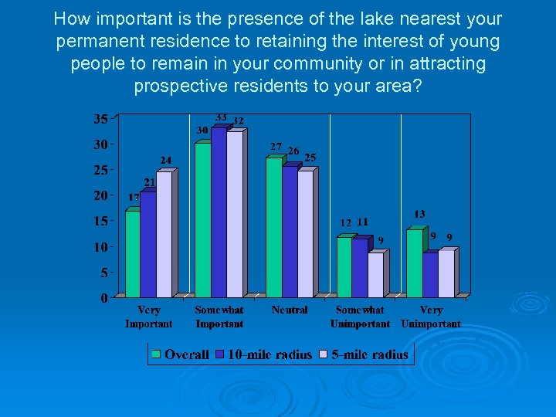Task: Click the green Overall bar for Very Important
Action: (133, 253)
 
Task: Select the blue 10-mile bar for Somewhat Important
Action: (219, 212)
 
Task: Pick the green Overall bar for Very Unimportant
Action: (415, 263)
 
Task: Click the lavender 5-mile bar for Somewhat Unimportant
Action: (375, 275)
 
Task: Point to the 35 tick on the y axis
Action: (100, 118)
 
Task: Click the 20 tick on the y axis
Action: (100, 195)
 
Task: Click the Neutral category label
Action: (290, 310)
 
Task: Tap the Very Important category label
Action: (148, 317)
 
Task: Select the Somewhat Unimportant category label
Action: (360, 317)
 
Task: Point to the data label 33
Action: (221, 117)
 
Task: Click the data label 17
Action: (134, 198)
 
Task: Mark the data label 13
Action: (419, 214)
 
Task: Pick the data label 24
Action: (166, 160)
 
